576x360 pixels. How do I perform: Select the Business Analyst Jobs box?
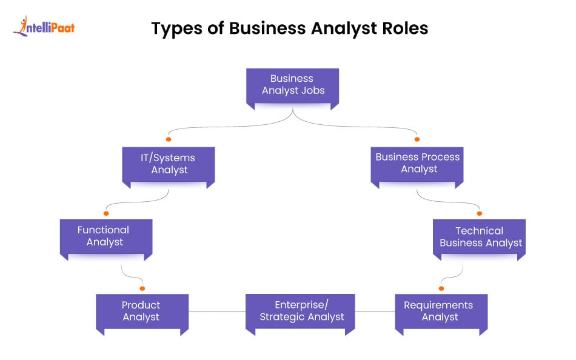click(292, 85)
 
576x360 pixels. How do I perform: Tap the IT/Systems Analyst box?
click(169, 164)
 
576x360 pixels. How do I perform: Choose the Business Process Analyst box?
click(417, 162)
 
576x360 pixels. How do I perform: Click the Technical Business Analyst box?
click(480, 236)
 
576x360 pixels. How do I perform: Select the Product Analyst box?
click(142, 311)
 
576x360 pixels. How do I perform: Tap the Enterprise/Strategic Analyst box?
click(300, 311)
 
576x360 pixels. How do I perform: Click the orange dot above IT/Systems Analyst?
click(168, 139)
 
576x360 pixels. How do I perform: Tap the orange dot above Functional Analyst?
click(106, 213)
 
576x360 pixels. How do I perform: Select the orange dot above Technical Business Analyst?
click(480, 213)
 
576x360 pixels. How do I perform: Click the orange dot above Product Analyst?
click(142, 288)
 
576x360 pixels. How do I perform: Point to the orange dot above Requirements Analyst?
click(441, 288)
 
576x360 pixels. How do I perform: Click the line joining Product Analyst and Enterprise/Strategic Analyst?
click(216, 312)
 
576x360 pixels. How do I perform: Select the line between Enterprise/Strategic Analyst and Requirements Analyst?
click(375, 312)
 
